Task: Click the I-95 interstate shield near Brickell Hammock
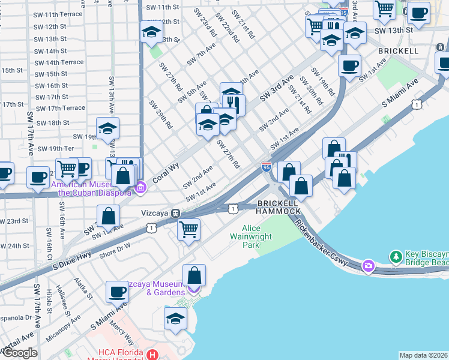point(267,166)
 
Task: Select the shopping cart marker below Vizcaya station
point(189,229)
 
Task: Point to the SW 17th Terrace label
point(61,108)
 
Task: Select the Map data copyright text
point(423,355)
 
